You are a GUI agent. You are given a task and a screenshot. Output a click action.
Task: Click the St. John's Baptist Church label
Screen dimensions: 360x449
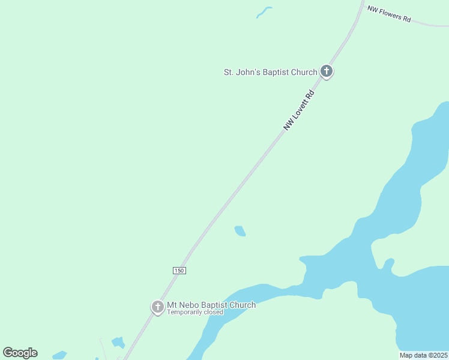point(270,73)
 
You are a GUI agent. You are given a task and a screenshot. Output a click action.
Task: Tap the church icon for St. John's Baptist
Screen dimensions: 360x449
point(326,71)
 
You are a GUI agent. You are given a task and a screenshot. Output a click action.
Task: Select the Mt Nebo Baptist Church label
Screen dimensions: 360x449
point(211,305)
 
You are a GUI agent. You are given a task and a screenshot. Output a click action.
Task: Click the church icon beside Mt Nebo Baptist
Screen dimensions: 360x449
point(157,307)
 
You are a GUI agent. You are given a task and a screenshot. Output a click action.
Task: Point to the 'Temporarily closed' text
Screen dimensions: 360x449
point(195,312)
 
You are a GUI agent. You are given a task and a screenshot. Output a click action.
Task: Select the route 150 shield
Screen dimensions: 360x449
point(179,271)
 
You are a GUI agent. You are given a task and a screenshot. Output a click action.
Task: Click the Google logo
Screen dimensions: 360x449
point(20,353)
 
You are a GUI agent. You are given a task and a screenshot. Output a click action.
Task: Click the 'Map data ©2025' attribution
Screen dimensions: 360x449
point(423,355)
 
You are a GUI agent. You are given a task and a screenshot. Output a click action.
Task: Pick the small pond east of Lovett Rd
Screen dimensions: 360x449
point(240,231)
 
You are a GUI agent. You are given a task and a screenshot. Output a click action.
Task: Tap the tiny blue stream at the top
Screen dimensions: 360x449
point(264,11)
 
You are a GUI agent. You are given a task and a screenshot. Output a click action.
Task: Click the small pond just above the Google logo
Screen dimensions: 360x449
point(59,355)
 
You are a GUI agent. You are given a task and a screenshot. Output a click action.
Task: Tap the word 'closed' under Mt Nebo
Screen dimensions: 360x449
point(213,312)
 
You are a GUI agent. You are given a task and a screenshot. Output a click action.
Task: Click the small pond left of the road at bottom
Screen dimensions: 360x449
point(118,343)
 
